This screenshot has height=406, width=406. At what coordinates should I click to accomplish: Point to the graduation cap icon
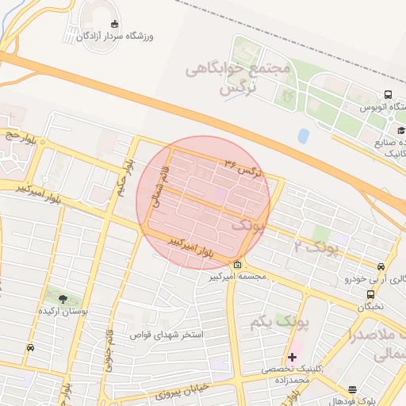tap(401, 131)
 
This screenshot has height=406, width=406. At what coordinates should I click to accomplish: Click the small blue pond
tap(303, 136)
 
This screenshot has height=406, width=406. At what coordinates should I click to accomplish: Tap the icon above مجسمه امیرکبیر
tap(238, 264)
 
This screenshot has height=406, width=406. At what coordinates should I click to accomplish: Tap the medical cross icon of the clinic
tap(292, 357)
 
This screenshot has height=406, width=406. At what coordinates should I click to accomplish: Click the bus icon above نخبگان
tap(370, 294)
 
